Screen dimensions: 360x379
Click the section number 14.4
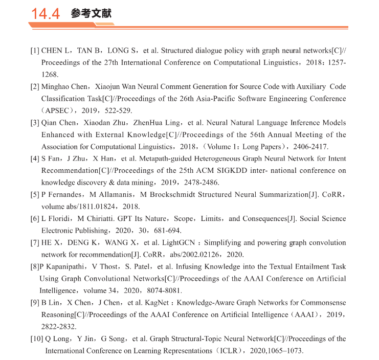click(x=46, y=14)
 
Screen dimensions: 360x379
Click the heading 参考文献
click(x=91, y=13)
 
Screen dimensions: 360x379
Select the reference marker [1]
click(x=35, y=50)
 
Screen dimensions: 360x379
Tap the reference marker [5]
click(x=35, y=195)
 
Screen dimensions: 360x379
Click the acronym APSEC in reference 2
click(x=59, y=110)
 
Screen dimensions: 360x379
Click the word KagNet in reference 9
click(x=154, y=302)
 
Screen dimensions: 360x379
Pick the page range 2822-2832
click(x=59, y=326)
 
